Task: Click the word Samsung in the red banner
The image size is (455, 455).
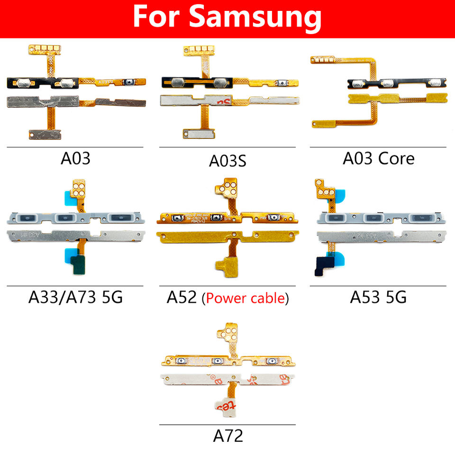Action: (x=255, y=18)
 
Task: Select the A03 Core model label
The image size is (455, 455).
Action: (x=378, y=158)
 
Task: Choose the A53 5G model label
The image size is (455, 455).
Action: (x=378, y=297)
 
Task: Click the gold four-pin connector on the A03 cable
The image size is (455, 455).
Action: (x=46, y=48)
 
